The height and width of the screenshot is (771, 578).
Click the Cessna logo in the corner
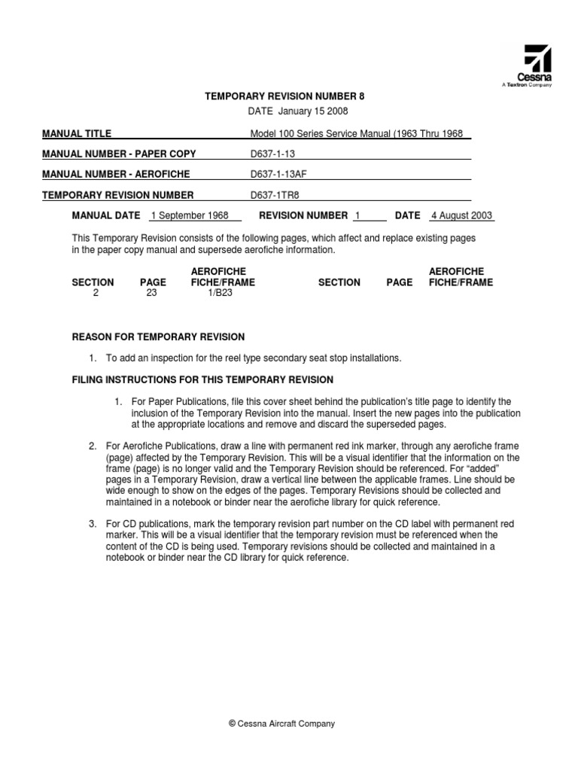[x=537, y=66]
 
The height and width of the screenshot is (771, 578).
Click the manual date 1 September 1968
[x=190, y=215]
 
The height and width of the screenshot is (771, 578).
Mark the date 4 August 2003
[x=461, y=215]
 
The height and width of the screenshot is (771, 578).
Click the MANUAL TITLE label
[x=77, y=133]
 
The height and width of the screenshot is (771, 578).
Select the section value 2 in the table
[x=96, y=294]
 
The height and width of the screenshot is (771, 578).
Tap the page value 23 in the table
[x=152, y=294]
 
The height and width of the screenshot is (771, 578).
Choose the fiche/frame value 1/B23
[x=221, y=294]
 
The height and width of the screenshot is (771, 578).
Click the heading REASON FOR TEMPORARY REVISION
[x=158, y=337]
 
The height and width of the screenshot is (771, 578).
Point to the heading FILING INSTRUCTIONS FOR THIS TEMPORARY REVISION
[x=202, y=379]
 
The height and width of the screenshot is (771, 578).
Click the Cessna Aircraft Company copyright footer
[x=281, y=724]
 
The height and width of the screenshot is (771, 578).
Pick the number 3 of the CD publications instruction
[x=92, y=523]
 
